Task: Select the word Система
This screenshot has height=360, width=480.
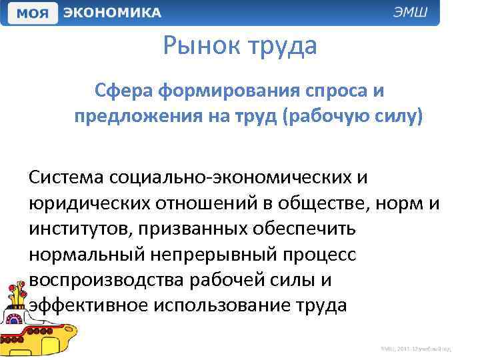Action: [65, 178]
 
